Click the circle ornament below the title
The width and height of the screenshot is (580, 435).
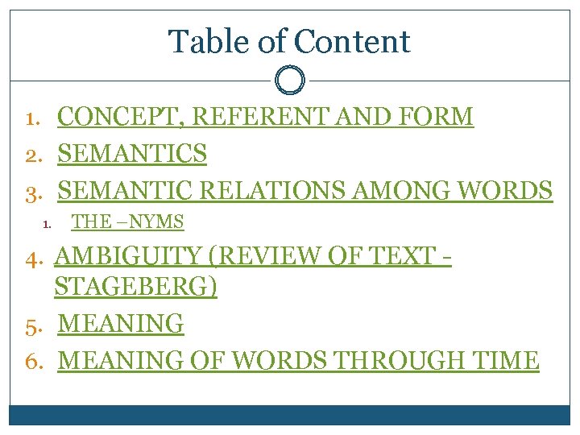coord(290,81)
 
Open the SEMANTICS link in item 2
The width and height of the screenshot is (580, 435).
coord(133,153)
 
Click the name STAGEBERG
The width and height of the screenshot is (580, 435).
coord(135,287)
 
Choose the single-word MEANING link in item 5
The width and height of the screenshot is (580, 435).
coord(122,324)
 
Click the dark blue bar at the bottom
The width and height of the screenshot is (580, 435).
coord(290,415)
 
